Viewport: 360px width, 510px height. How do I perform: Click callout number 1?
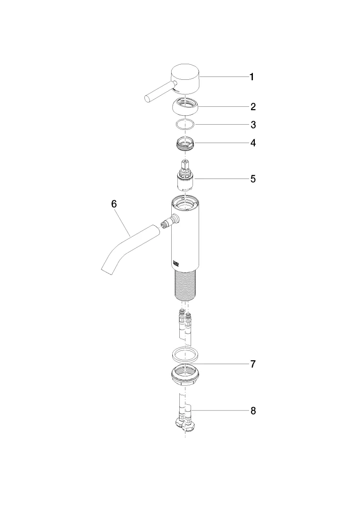coord(251,77)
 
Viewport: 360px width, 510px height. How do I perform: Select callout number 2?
coord(253,107)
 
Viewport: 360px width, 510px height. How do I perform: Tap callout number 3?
coord(253,125)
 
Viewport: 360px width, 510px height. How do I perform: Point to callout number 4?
coord(253,143)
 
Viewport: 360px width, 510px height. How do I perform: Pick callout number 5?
coord(253,179)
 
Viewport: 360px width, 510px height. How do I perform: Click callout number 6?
coord(114,204)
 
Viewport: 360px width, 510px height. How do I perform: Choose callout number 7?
coord(253,364)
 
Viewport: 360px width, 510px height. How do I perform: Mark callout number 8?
coord(253,411)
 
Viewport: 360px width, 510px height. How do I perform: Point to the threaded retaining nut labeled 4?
coord(185,144)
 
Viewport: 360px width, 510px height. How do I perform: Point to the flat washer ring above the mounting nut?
coord(185,355)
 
